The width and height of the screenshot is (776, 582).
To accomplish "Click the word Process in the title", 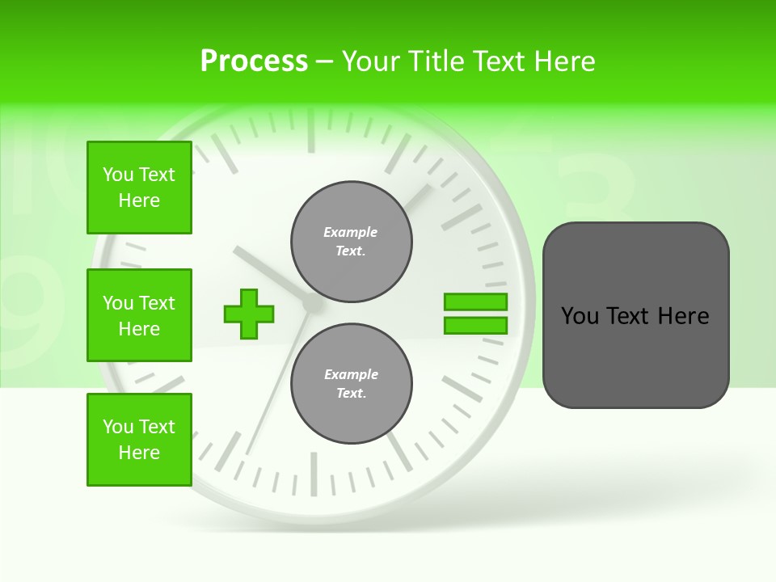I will point(254,61).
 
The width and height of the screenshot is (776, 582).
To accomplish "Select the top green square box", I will point(139,188).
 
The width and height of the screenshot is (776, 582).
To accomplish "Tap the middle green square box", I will point(139,315).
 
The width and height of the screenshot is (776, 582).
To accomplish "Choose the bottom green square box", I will point(139,440).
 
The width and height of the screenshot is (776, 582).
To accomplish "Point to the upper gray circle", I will point(351,242).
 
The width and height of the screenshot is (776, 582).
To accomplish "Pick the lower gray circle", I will point(351,384).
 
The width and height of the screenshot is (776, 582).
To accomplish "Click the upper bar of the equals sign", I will point(475,302).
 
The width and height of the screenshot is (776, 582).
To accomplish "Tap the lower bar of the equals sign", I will point(475,326).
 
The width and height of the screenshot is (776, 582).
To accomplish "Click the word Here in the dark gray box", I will point(683,316).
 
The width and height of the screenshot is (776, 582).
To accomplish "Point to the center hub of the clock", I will point(312,304).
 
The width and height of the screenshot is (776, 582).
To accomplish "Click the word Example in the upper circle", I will point(351,233).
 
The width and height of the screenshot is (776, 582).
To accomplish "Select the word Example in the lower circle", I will point(351,375).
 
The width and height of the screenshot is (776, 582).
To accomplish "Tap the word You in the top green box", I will point(118,175).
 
